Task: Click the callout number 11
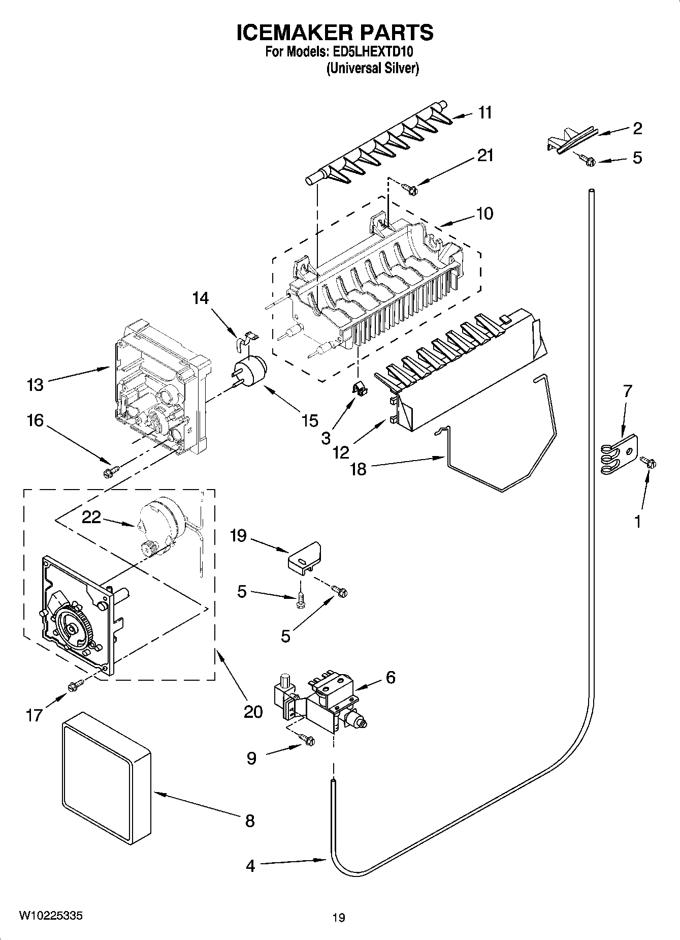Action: tap(485, 112)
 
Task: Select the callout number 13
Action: tap(35, 385)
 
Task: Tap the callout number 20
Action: tap(253, 711)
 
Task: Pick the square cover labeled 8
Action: tap(107, 780)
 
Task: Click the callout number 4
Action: tap(250, 866)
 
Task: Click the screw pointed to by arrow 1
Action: tap(649, 462)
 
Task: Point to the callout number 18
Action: tap(359, 469)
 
